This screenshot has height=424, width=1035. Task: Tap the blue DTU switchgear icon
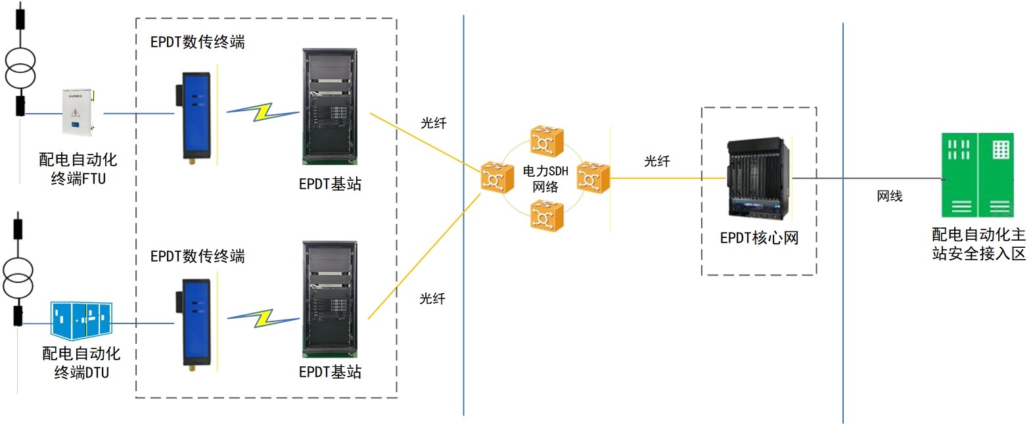click(x=81, y=320)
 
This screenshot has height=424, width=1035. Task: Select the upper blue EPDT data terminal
click(x=196, y=116)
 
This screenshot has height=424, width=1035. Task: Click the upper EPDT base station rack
click(x=330, y=106)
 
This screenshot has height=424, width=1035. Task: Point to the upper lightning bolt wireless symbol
click(x=263, y=112)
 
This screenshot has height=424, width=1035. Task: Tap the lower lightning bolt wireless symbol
click(x=263, y=319)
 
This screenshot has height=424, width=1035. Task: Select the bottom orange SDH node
click(x=547, y=216)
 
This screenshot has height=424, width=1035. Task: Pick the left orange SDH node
click(x=497, y=177)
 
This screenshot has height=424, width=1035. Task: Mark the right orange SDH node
click(x=593, y=177)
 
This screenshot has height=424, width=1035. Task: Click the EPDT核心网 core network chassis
click(x=758, y=178)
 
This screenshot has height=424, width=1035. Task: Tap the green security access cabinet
click(x=977, y=175)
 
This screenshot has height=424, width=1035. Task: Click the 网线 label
click(x=889, y=196)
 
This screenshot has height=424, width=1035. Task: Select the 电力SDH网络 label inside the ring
click(x=545, y=179)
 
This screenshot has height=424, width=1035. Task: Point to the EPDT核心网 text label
click(x=759, y=238)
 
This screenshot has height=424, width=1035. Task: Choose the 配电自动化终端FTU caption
click(x=78, y=169)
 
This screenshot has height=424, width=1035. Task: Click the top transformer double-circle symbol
click(x=20, y=68)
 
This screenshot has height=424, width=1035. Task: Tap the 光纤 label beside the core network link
click(x=656, y=161)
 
